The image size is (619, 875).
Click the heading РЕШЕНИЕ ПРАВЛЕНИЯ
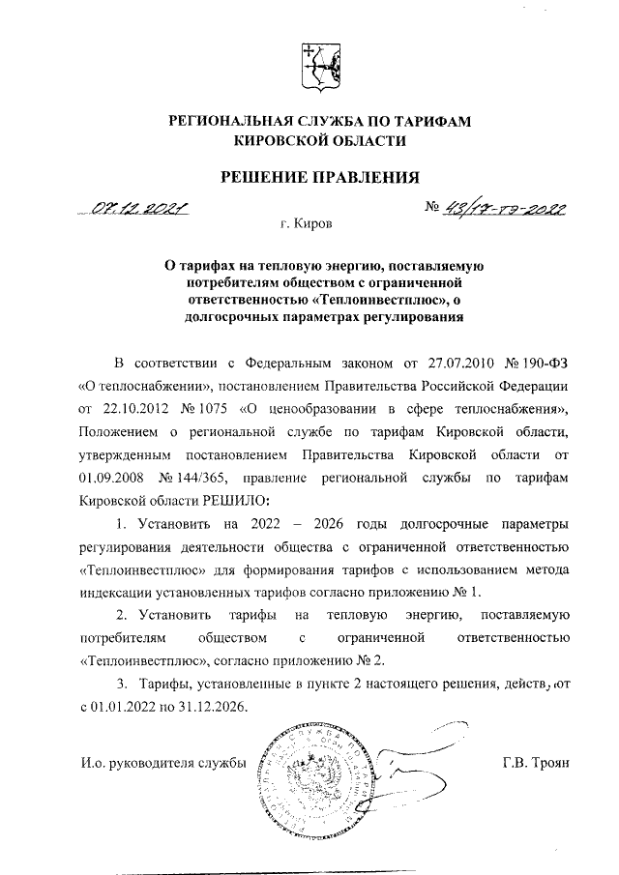[318, 176]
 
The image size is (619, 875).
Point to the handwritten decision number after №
[504, 208]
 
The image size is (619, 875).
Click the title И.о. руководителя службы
[162, 765]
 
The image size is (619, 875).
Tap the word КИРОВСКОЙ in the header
[286, 141]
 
